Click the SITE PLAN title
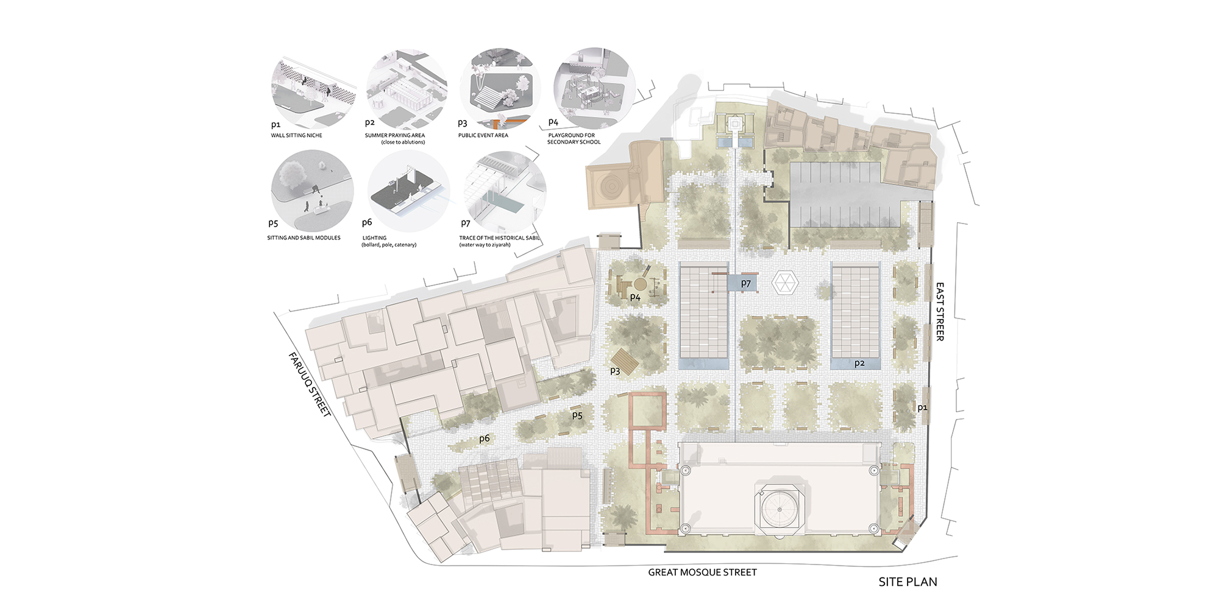pos(908,582)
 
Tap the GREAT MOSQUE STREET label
pos(702,572)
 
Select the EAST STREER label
pos(940,311)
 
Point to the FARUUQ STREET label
pos(310,384)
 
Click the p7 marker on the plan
pos(746,283)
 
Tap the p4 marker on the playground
pos(635,297)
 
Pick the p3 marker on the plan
pos(615,371)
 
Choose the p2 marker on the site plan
pos(859,363)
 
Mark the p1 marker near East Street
pos(922,408)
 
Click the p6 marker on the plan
pos(485,438)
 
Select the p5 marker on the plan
pos(577,415)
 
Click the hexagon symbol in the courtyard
pos(784,283)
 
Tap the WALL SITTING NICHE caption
pos(296,135)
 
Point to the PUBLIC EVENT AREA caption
pos(483,135)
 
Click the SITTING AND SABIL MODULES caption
pos(304,238)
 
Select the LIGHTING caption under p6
pos(374,238)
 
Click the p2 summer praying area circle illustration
pos(407,90)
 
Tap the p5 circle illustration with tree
pos(312,191)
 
